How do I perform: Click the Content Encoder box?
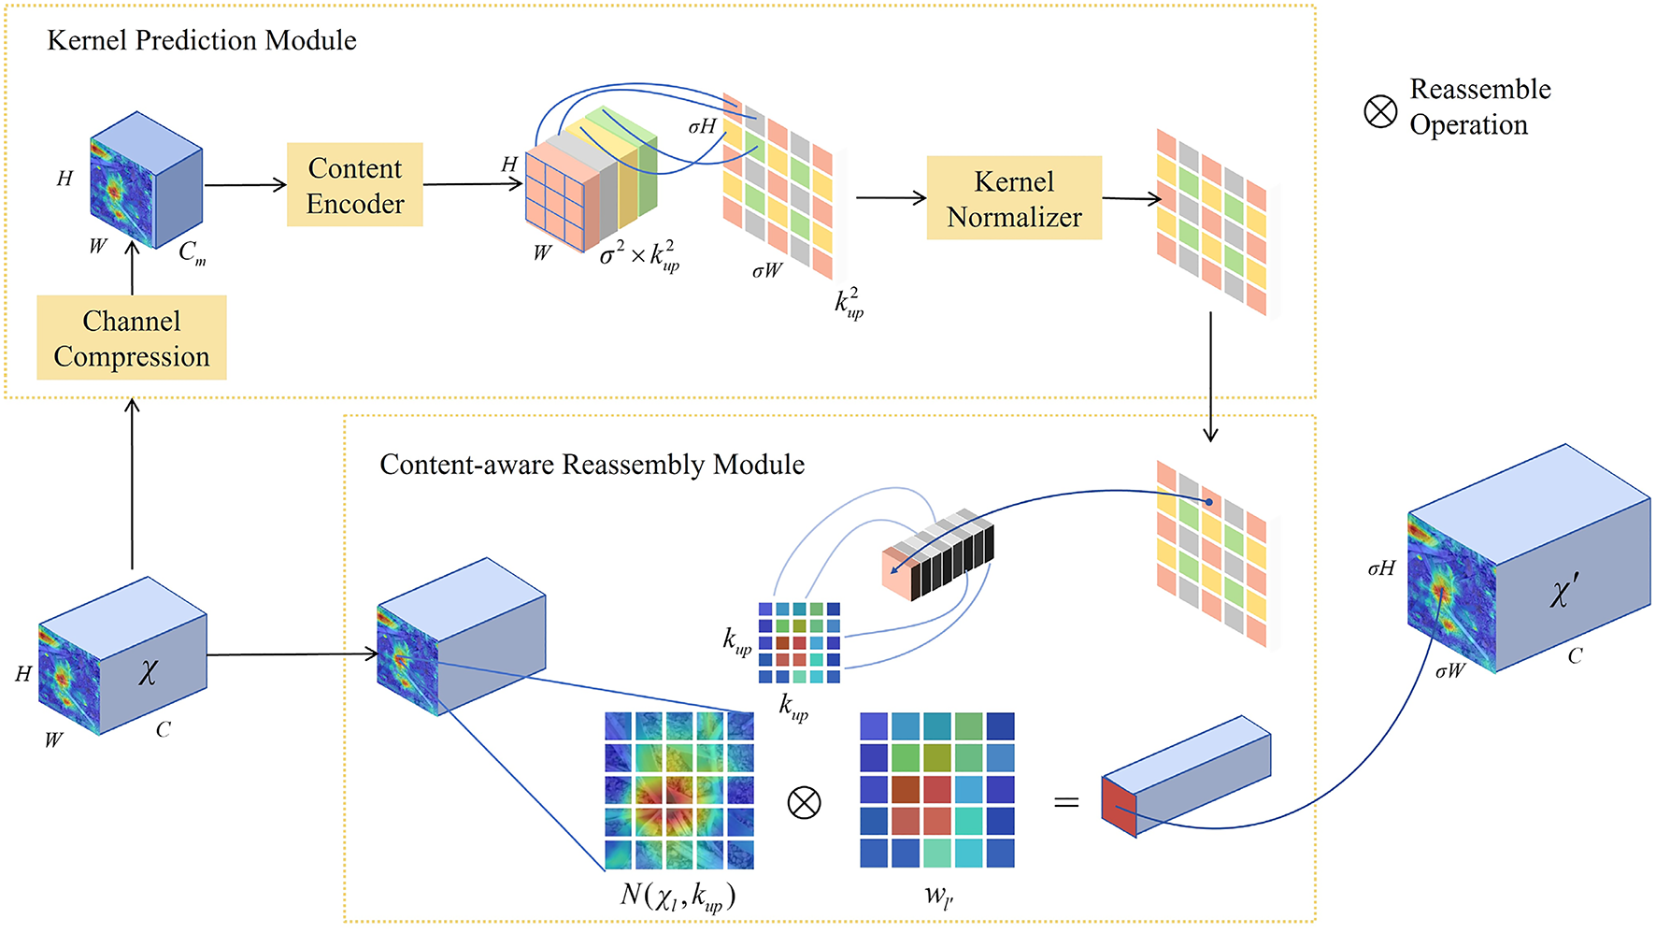355,185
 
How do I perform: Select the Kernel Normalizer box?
1014,198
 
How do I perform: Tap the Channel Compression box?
132,337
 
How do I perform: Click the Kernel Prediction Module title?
202,40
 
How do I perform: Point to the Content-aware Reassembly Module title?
592,465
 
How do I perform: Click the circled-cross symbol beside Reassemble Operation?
1380,111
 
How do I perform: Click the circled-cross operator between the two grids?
804,802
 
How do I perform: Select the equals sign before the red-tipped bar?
1066,802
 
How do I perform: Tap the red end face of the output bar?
1119,806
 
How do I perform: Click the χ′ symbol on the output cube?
1564,591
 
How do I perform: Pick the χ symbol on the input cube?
148,671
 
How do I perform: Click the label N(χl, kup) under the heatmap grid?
678,896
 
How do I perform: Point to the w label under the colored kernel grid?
938,897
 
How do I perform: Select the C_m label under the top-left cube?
193,252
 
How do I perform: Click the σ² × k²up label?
639,255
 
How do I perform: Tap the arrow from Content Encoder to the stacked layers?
473,184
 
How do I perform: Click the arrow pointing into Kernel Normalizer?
892,197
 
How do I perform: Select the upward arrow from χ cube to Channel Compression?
132,483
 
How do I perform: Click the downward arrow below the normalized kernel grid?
1210,377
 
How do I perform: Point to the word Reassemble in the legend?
1480,90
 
